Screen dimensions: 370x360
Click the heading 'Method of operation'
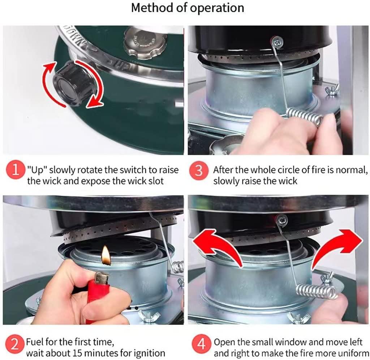tap(188, 8)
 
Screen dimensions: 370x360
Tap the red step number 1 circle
tap(16, 170)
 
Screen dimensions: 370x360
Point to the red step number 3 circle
tap(199, 170)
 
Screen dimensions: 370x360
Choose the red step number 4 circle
tap(201, 344)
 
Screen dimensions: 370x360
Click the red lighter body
tap(98, 295)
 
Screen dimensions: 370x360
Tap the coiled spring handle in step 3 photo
tap(306, 116)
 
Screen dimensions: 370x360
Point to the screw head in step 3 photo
tap(277, 43)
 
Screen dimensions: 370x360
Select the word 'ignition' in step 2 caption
tap(149, 353)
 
